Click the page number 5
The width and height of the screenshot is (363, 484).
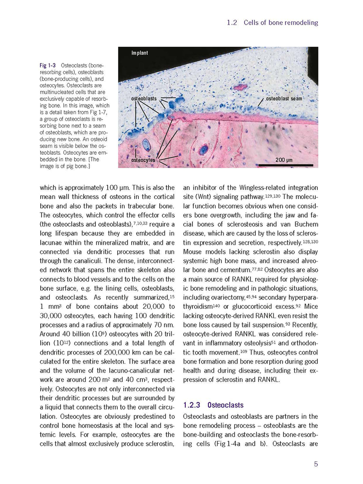316,464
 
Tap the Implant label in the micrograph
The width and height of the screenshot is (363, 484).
139,53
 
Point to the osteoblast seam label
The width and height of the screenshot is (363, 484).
284,99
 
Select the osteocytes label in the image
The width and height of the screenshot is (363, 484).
143,161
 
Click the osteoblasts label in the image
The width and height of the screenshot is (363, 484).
144,98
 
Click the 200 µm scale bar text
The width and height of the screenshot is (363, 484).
284,160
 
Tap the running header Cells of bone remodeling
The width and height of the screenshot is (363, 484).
281,23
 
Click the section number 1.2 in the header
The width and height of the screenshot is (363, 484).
232,23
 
